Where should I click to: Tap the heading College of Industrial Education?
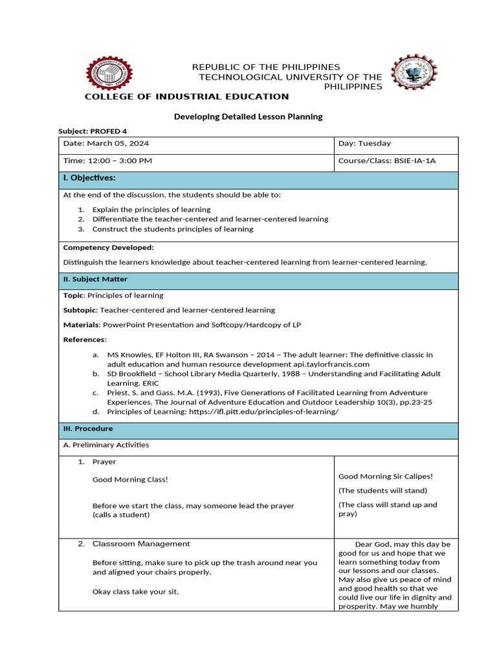(x=187, y=96)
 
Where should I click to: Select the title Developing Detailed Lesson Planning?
(x=248, y=117)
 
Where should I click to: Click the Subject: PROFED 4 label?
(x=93, y=131)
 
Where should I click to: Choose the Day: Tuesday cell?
(x=364, y=144)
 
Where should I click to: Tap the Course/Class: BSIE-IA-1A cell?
(x=387, y=161)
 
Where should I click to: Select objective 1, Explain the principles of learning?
(x=151, y=210)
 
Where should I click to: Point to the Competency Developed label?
(x=108, y=247)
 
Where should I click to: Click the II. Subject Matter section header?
(x=95, y=279)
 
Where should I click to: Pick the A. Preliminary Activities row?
(x=106, y=445)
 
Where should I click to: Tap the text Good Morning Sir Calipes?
(x=386, y=477)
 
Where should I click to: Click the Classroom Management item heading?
(x=140, y=544)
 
